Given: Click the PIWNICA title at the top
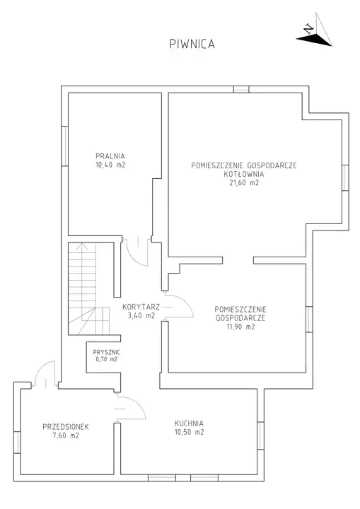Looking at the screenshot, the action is click(x=192, y=44).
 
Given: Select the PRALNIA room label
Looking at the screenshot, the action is click(x=110, y=156).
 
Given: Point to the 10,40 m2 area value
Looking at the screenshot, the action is click(x=110, y=165).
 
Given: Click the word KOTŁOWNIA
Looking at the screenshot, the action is click(x=244, y=174).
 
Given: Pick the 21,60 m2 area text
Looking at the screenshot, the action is click(x=244, y=183).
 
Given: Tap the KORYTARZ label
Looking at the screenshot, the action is click(x=141, y=306).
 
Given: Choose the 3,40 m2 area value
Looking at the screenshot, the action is click(x=141, y=315).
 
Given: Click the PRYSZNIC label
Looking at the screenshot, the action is click(x=106, y=352).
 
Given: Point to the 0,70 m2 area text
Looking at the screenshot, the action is click(x=107, y=359).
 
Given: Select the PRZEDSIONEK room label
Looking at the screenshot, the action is click(x=66, y=426).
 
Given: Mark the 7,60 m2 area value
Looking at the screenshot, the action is click(x=66, y=435).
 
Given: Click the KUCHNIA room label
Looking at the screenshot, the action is click(x=189, y=423).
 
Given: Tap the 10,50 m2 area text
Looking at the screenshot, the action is click(x=189, y=432).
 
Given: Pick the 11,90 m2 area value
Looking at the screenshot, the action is click(x=240, y=327).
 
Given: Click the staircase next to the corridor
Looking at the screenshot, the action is click(x=89, y=289).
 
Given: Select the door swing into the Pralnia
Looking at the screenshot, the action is click(x=137, y=252).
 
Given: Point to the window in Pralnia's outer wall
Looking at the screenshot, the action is click(x=64, y=146).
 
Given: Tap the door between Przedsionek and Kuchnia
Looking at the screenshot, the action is click(x=131, y=407).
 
